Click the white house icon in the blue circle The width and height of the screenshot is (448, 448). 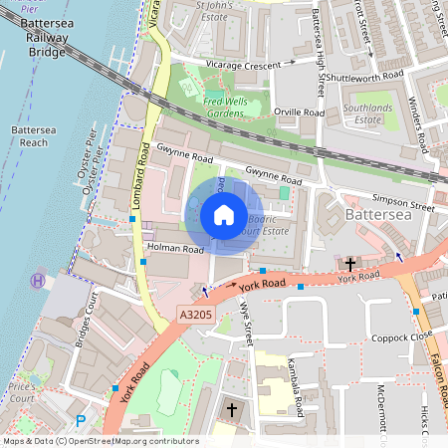tap(224, 215)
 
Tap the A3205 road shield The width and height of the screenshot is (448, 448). tap(196, 315)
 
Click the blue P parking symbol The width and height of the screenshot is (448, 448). tap(81, 421)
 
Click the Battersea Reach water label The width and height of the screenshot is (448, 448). tap(28, 136)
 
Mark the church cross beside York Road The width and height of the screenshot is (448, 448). tap(350, 265)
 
